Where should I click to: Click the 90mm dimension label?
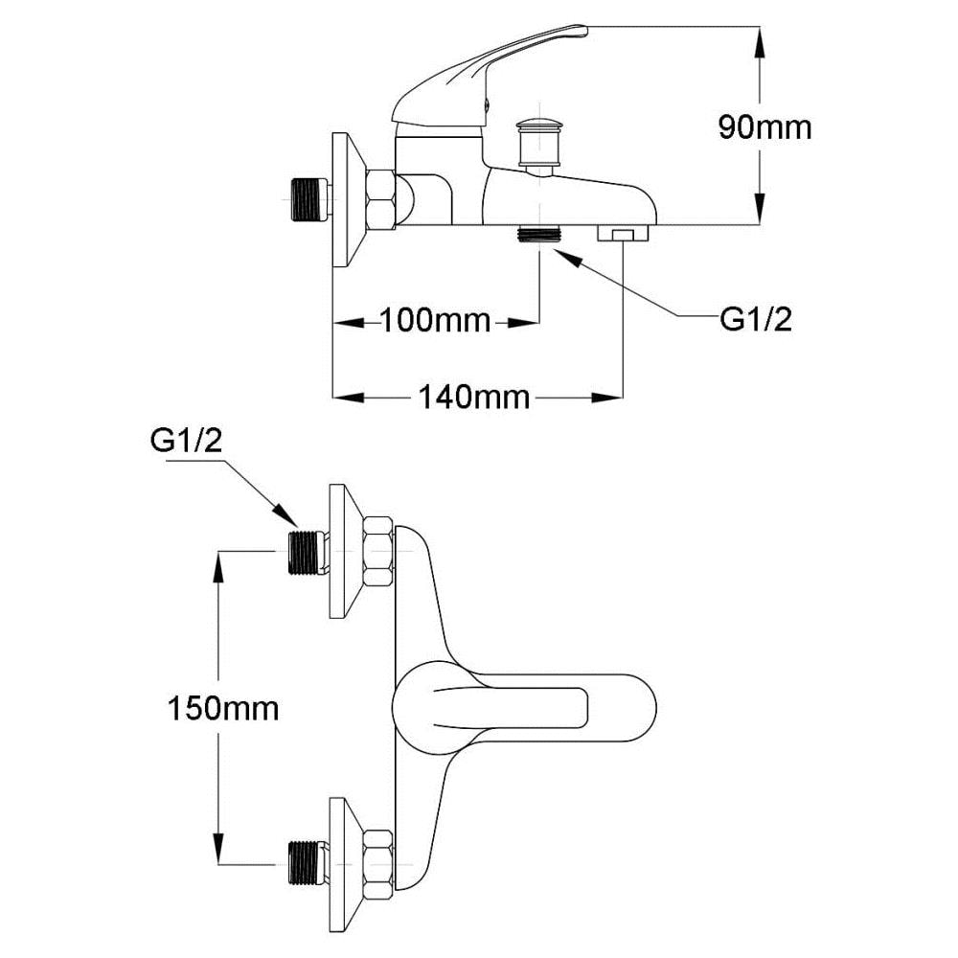point(764,127)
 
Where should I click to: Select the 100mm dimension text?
point(436,321)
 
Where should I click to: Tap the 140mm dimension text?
point(474,398)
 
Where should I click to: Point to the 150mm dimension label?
point(223,709)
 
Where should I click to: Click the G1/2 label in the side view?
point(756,319)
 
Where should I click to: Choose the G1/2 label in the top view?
point(187,441)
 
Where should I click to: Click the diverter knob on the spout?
point(538,143)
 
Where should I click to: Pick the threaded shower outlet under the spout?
point(538,234)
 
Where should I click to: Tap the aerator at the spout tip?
point(623,233)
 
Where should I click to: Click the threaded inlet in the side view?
point(309,199)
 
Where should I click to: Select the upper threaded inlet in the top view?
point(306,553)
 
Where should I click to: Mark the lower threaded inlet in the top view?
point(306,863)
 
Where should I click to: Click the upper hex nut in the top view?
point(377,553)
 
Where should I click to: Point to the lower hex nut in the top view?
point(377,864)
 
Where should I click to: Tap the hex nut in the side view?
point(380,200)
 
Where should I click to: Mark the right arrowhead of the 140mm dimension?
point(607,398)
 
